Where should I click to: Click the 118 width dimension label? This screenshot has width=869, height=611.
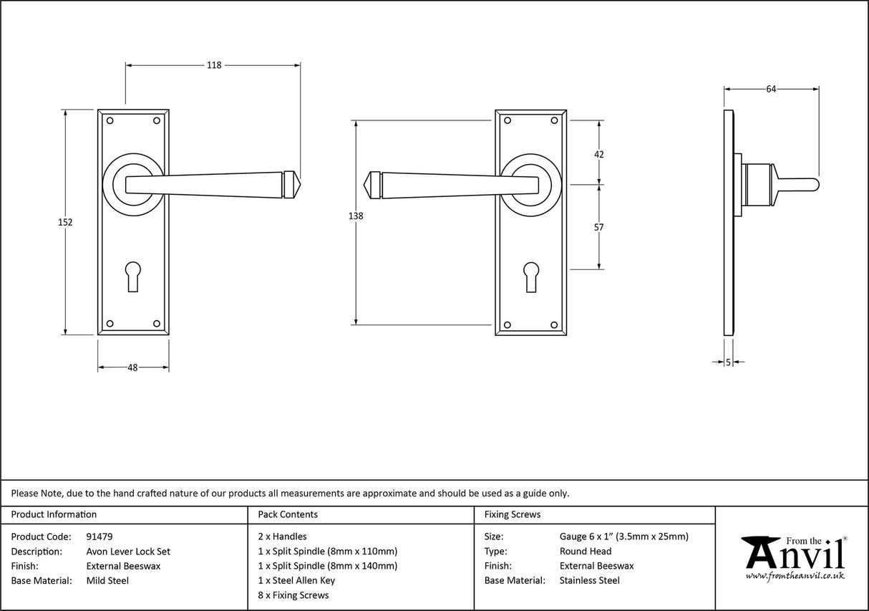click(x=213, y=65)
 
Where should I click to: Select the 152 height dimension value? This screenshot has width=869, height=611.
click(x=65, y=222)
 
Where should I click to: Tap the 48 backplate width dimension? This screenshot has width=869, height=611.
click(x=132, y=367)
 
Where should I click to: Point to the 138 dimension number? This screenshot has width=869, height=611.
click(x=356, y=216)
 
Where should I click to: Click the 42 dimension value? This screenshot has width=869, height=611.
click(x=599, y=154)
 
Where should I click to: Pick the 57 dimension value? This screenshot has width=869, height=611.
click(x=599, y=227)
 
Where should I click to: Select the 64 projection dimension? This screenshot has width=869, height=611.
click(x=771, y=90)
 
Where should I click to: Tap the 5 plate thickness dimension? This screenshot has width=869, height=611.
click(x=728, y=362)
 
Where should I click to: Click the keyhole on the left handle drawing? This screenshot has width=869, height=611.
click(x=133, y=276)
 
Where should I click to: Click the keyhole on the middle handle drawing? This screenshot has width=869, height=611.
click(x=530, y=276)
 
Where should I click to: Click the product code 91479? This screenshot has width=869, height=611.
click(x=99, y=537)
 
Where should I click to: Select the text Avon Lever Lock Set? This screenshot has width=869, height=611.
click(x=128, y=552)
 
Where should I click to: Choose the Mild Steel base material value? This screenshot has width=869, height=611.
click(x=107, y=581)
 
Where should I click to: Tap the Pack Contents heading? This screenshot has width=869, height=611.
click(x=287, y=514)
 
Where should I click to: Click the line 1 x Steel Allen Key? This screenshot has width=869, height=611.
click(x=296, y=581)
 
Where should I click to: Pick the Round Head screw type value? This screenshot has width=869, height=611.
click(x=585, y=552)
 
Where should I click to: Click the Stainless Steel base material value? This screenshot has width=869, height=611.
click(x=589, y=581)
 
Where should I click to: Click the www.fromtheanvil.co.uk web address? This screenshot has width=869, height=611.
click(x=795, y=576)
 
